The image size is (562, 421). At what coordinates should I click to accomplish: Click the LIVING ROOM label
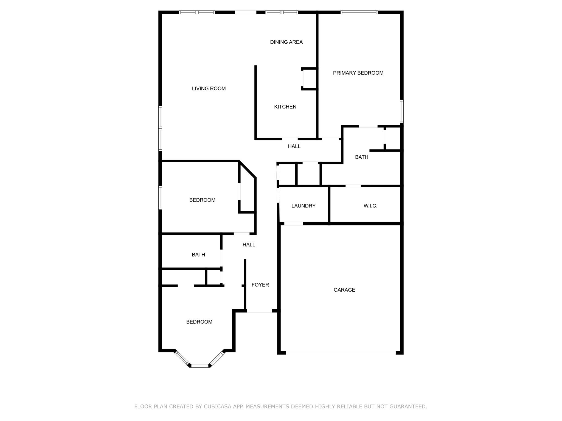click(209, 89)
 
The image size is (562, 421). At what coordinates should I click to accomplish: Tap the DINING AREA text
click(286, 42)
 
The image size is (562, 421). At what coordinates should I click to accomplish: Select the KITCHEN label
click(285, 107)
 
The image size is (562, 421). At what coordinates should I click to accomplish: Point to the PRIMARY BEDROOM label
click(358, 73)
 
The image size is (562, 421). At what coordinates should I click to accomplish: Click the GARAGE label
click(344, 290)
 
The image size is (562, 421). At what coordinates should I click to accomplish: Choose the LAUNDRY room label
click(303, 206)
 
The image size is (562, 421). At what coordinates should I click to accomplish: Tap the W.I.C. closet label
click(370, 206)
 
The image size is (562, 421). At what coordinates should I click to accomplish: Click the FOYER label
click(260, 285)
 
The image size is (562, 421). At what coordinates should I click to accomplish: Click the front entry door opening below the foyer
click(259, 311)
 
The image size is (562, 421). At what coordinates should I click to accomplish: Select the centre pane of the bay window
click(200, 365)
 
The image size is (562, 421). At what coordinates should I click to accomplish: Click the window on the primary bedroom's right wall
click(402, 111)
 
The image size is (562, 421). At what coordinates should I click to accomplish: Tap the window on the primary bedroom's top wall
click(359, 12)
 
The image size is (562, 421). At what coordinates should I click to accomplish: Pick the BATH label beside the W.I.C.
click(361, 157)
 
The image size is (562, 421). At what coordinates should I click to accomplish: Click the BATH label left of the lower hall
click(198, 255)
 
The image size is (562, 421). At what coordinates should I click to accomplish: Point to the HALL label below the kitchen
click(294, 146)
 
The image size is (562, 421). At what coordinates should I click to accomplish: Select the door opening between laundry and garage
click(293, 224)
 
